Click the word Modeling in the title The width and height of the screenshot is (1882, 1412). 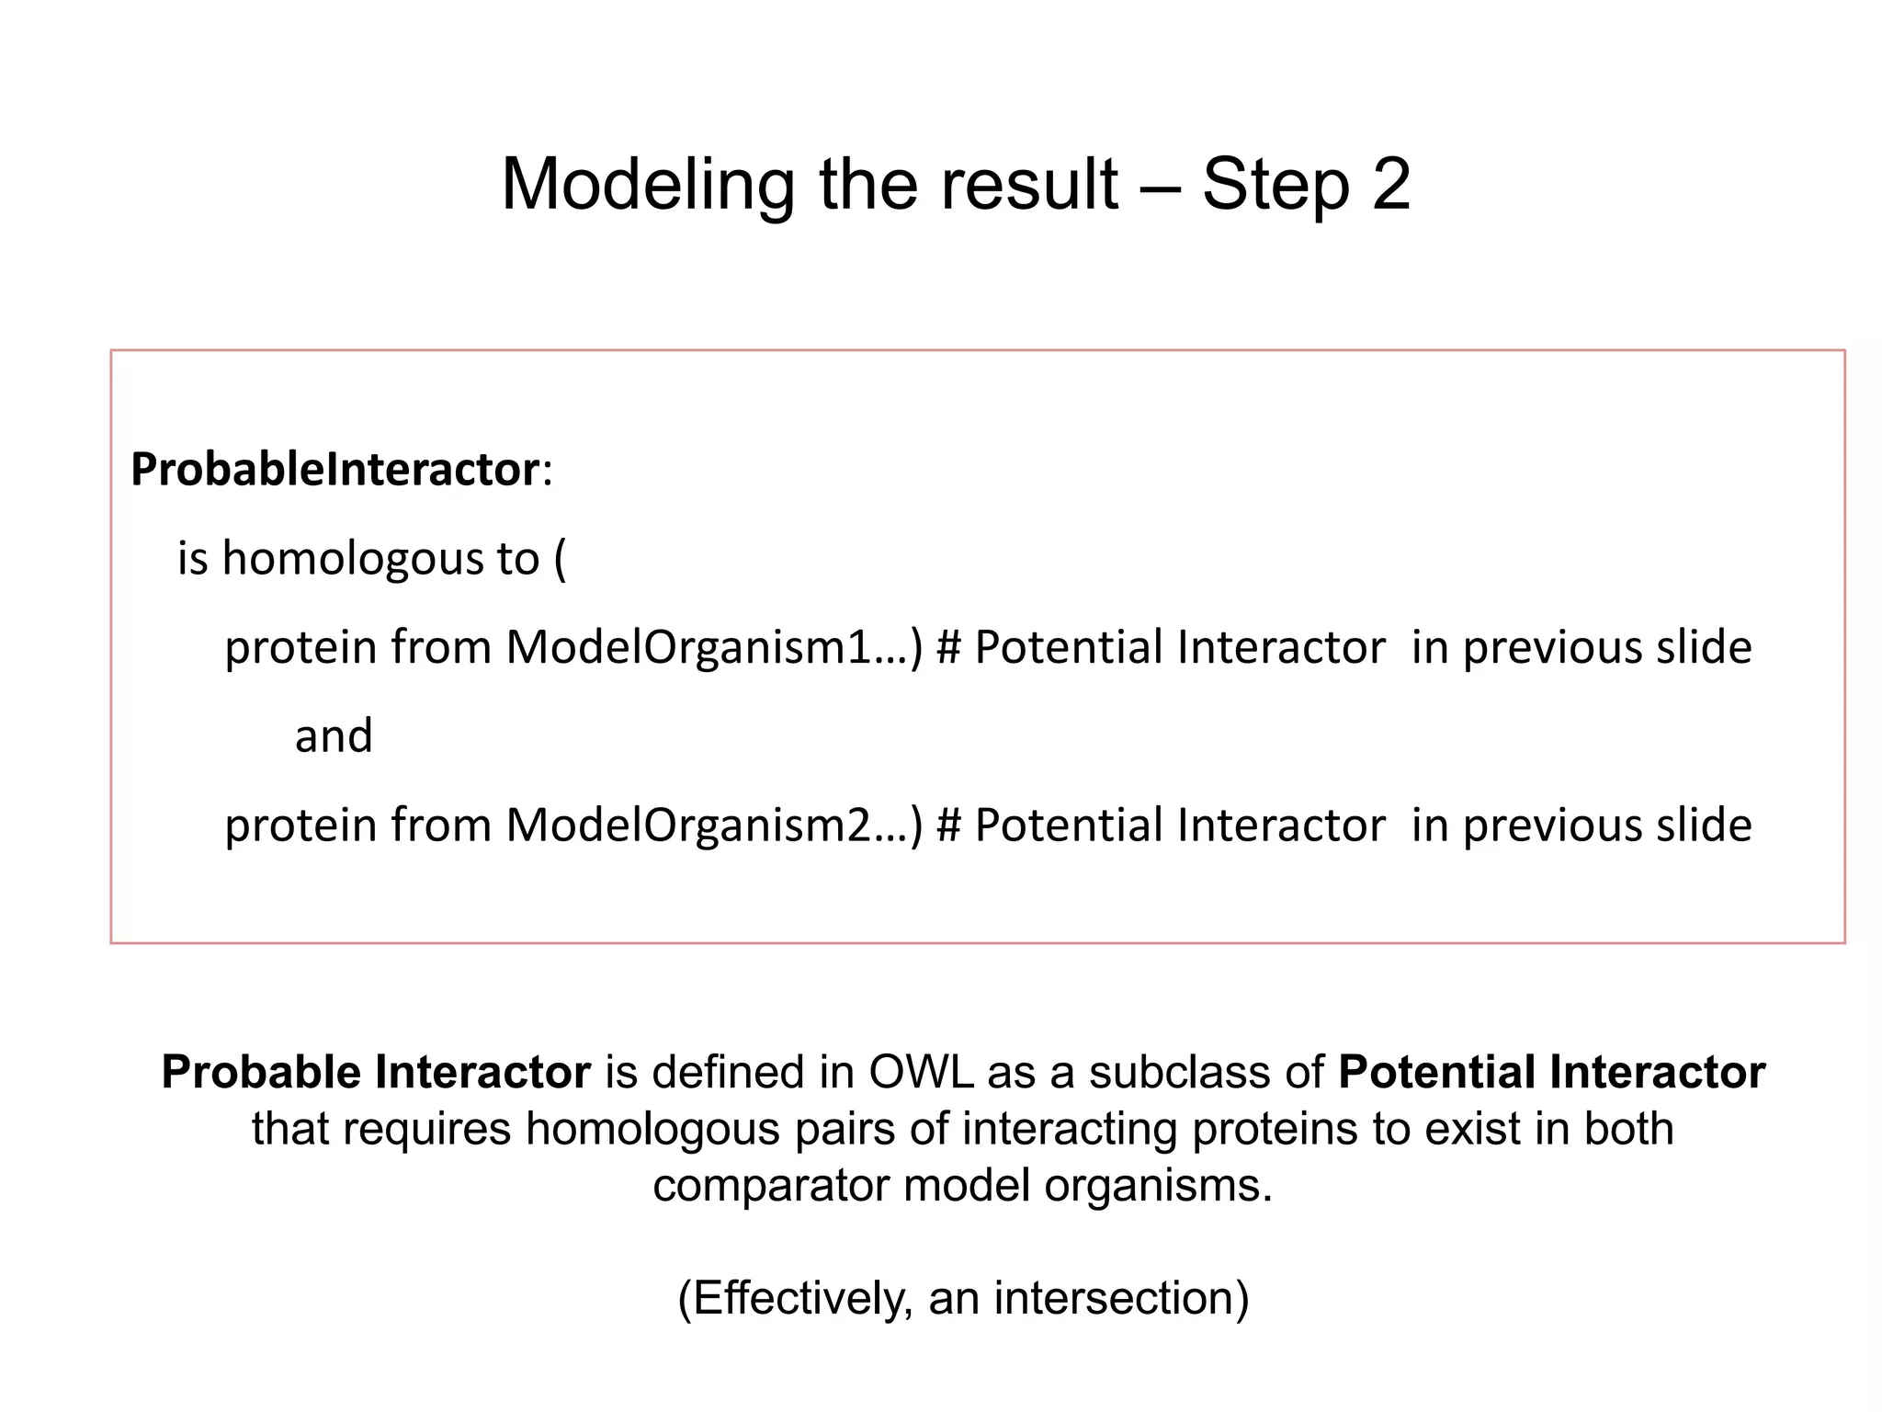647,185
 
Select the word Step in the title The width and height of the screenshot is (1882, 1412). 1275,185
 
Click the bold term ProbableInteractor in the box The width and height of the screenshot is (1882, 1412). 334,470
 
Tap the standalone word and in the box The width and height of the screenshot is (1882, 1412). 334,736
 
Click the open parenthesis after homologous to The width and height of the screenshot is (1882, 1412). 561,559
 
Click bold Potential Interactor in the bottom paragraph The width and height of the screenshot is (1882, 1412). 1551,1073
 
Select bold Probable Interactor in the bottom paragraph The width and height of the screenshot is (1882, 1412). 376,1073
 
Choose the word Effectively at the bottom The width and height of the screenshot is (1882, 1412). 795,1298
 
